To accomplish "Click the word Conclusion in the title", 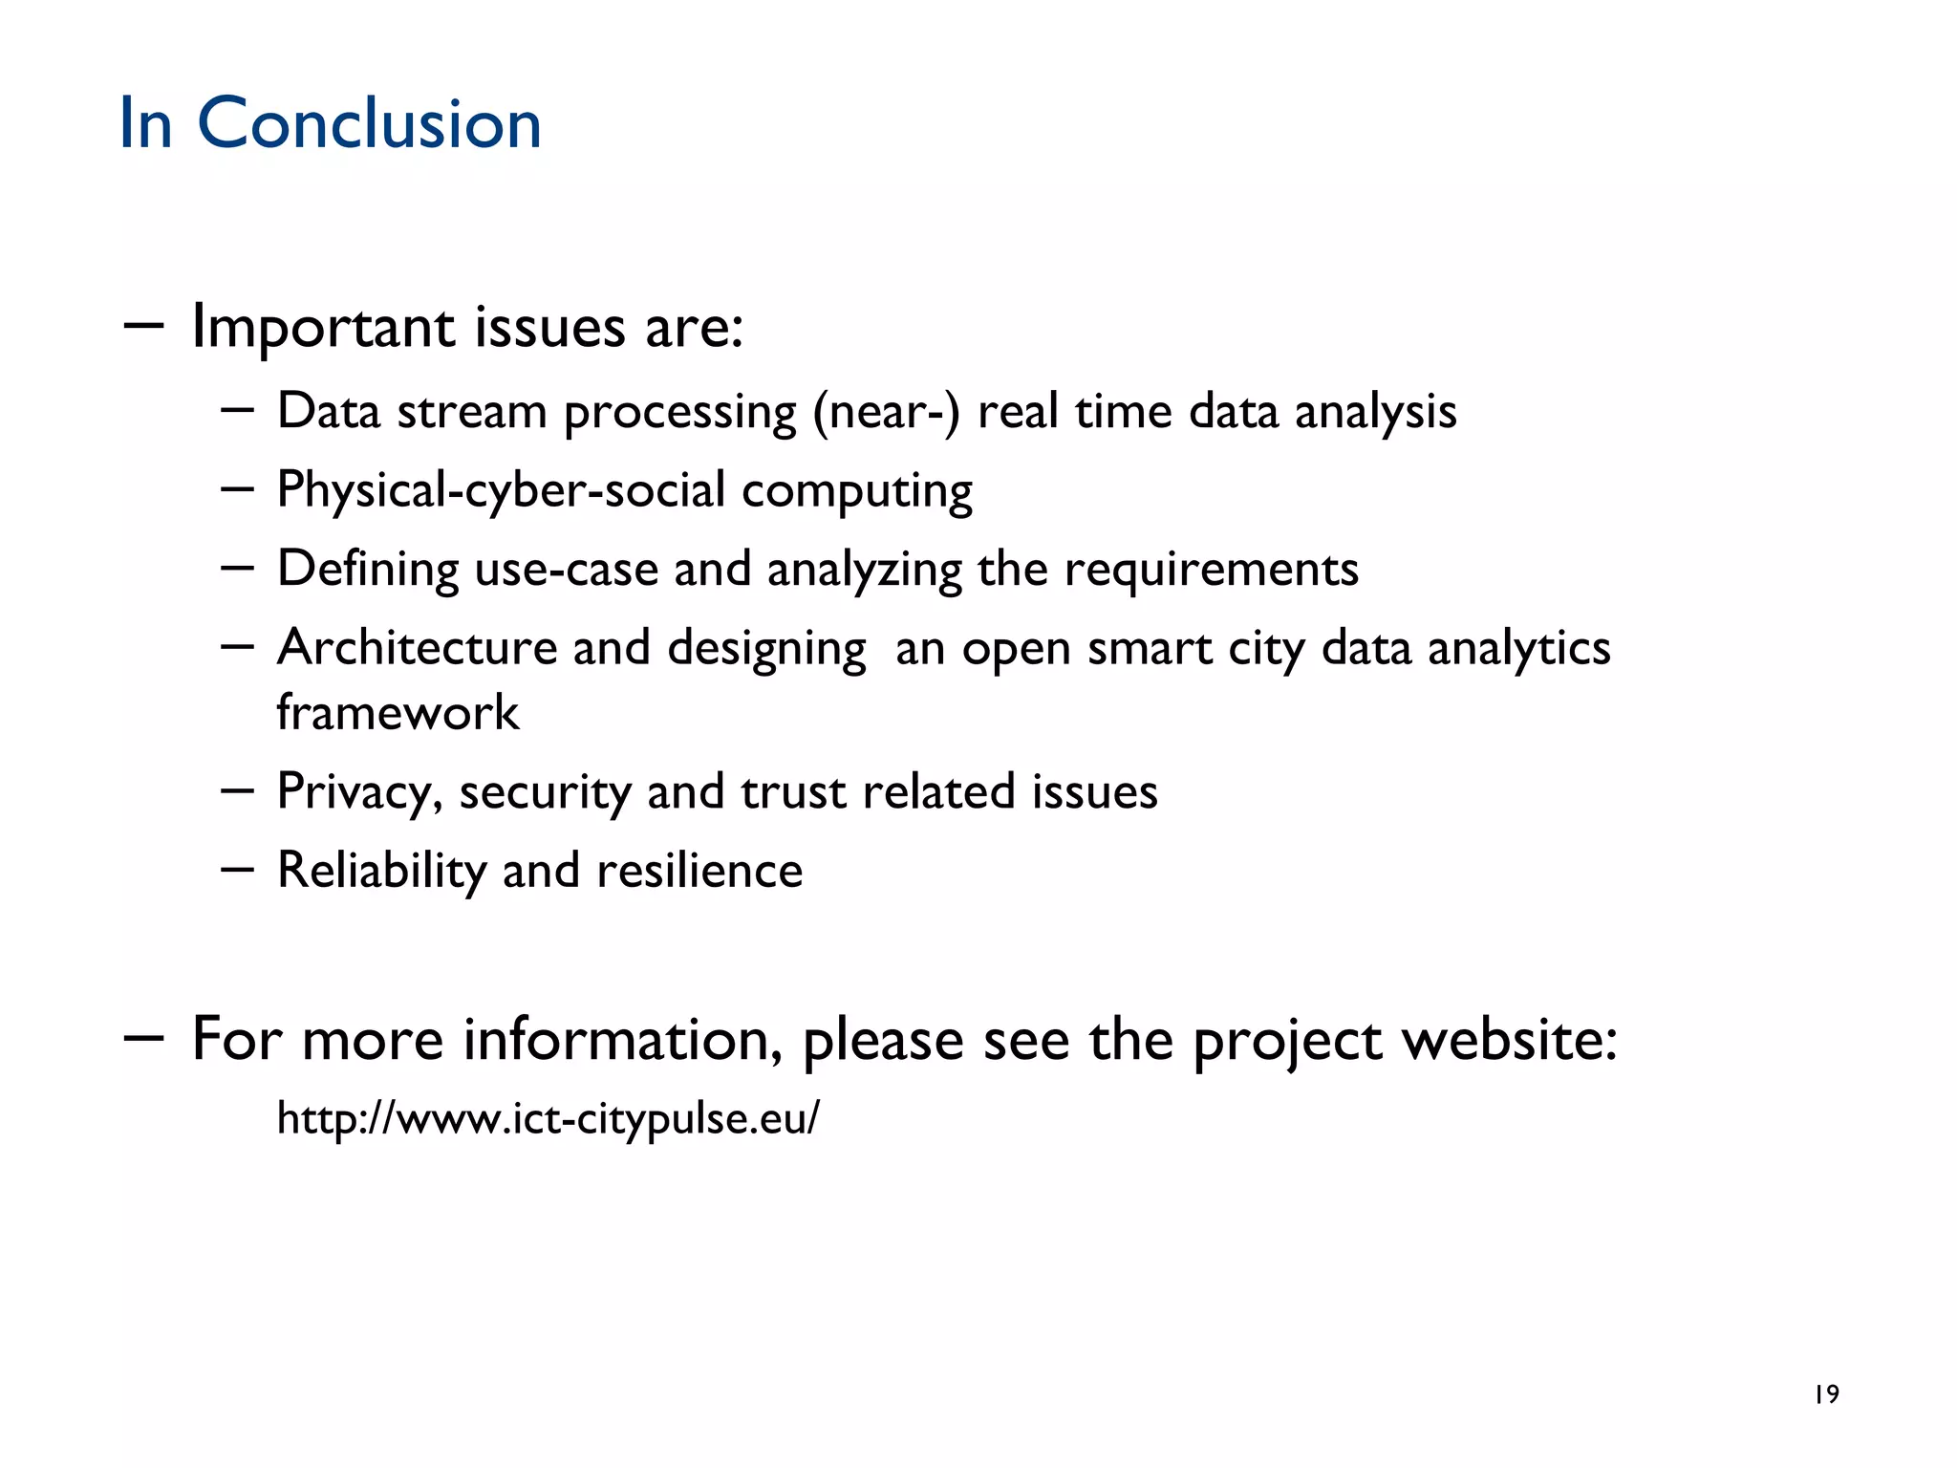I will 369,124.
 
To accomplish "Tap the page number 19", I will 1826,1394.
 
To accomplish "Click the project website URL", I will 548,1118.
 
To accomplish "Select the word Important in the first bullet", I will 324,328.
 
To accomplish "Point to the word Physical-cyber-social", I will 501,490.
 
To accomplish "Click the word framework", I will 398,713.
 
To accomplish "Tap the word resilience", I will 699,871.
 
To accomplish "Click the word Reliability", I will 381,871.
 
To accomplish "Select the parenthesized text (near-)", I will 886,412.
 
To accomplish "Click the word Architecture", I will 417,648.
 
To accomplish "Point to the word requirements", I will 1211,570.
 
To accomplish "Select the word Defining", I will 368,570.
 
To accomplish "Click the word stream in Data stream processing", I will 471,412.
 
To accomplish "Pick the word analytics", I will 1518,648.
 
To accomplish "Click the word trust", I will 793,792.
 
